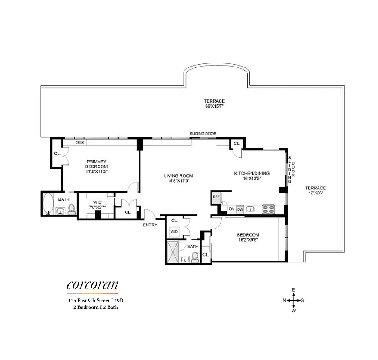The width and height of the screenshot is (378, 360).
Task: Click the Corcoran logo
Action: (93, 285)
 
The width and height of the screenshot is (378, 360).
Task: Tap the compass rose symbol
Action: (293, 300)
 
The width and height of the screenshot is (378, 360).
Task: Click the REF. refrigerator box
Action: (216, 197)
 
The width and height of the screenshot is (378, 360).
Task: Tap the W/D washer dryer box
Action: (174, 232)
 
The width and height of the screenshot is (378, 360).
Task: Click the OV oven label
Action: (231, 209)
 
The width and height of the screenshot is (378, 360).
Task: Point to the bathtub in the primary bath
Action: (48, 205)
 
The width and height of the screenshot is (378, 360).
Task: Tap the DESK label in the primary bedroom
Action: (80, 143)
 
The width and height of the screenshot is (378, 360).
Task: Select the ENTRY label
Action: (149, 225)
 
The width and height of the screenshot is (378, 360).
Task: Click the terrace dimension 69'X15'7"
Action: (214, 104)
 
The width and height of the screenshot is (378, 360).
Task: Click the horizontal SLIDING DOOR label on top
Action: (203, 134)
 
